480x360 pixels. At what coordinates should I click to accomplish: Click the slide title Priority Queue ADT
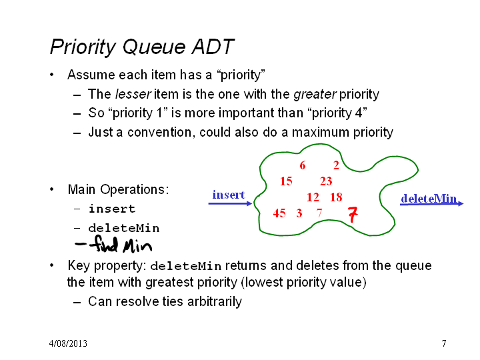pos(143,47)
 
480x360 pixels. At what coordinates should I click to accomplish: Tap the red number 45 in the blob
pos(279,213)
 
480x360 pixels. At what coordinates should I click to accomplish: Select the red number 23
pos(326,181)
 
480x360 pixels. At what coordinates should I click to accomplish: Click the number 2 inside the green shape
pos(336,165)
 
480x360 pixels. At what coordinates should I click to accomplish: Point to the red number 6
pos(303,165)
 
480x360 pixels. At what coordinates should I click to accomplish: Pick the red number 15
pos(286,181)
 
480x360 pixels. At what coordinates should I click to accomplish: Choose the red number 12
pos(313,197)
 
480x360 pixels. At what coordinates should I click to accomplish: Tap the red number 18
pos(336,197)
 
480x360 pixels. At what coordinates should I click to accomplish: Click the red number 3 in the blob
pos(299,213)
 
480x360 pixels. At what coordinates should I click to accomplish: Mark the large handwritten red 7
pos(353,214)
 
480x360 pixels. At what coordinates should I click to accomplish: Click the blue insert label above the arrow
pos(229,195)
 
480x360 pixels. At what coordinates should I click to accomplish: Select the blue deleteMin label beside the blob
pos(429,199)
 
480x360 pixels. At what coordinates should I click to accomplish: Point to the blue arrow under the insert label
pos(230,203)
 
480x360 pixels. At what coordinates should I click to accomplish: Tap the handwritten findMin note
pos(113,245)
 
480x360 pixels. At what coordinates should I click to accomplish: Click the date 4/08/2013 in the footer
pos(68,343)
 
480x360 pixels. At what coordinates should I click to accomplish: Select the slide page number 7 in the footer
pos(444,343)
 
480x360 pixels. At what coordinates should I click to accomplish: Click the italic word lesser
pos(133,94)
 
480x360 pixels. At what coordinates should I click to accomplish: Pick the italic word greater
pos(315,95)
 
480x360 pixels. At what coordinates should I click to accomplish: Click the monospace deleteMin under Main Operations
pos(124,229)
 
